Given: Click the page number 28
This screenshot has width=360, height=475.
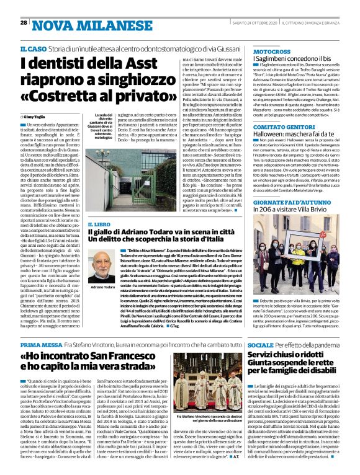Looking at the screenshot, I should (24, 23).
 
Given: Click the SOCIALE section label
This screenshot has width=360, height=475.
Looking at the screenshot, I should (261, 344).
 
